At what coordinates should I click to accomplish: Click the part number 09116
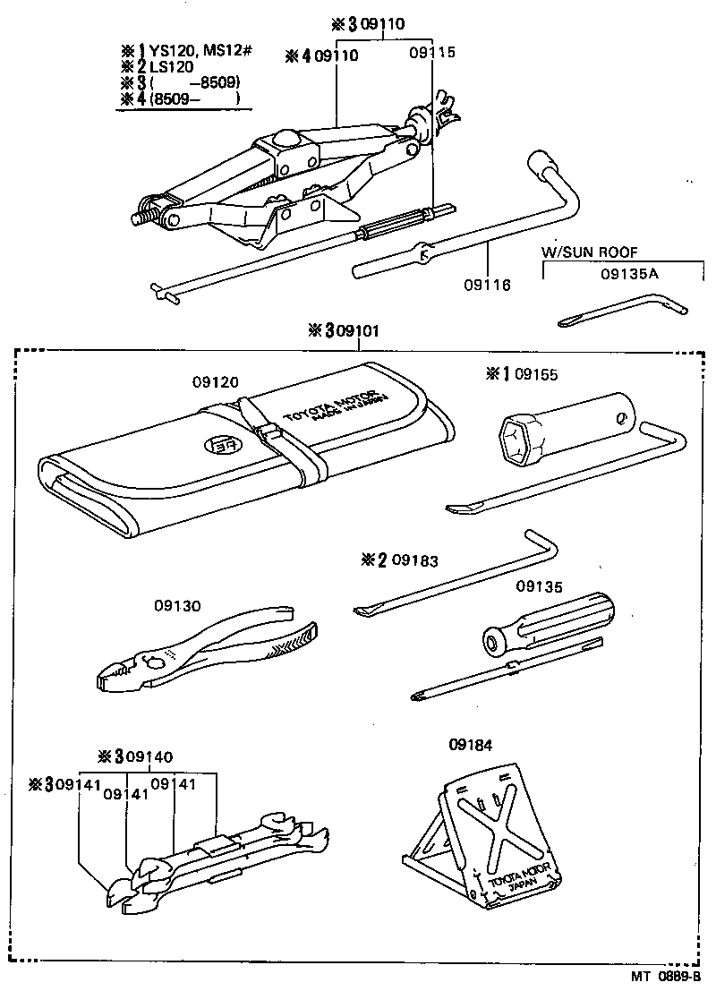point(487,285)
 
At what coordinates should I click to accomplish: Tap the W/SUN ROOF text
point(590,252)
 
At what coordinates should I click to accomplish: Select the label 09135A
point(629,273)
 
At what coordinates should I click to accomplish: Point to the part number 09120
point(215,381)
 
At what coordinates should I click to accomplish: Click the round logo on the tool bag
point(217,444)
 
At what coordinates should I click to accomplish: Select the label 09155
point(536,373)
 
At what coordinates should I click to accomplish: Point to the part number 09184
point(470,743)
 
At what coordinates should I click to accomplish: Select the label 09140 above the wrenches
point(149,756)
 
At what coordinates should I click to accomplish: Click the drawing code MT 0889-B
point(657,978)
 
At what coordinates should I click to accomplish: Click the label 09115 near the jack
point(432,53)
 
